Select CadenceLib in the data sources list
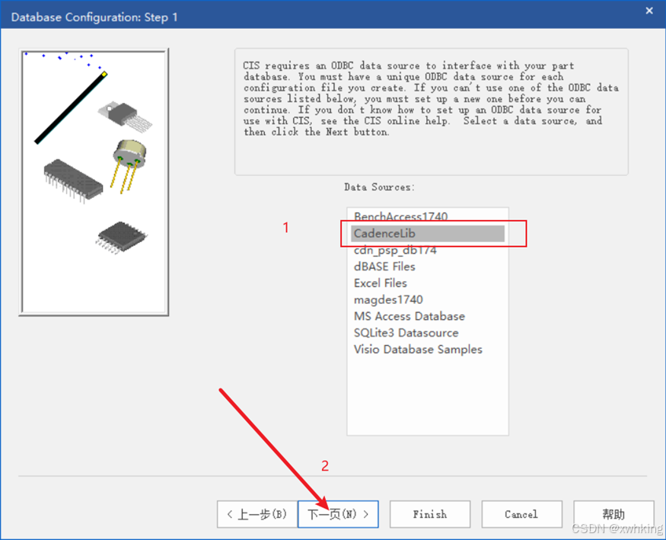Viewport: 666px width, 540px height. click(x=384, y=233)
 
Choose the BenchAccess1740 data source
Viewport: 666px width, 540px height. click(x=400, y=216)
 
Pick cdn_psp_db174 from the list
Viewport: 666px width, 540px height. click(x=395, y=251)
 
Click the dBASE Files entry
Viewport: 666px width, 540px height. click(x=384, y=267)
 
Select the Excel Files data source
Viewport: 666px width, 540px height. click(x=380, y=283)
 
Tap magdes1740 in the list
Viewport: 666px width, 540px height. click(x=388, y=299)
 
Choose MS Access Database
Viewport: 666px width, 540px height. click(x=409, y=316)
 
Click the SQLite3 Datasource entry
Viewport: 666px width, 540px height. click(x=406, y=333)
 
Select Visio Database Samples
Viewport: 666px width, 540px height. click(x=418, y=350)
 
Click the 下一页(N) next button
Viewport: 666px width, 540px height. click(x=338, y=514)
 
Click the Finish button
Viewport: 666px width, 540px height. click(x=430, y=514)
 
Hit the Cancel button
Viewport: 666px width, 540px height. click(x=521, y=514)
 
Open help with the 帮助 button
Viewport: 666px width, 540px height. click(x=613, y=514)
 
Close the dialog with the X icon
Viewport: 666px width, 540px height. click(x=649, y=11)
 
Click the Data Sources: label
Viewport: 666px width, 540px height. click(x=379, y=187)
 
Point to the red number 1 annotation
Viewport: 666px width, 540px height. click(x=286, y=228)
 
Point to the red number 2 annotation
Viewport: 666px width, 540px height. click(x=325, y=466)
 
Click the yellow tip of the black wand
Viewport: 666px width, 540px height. click(x=104, y=74)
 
